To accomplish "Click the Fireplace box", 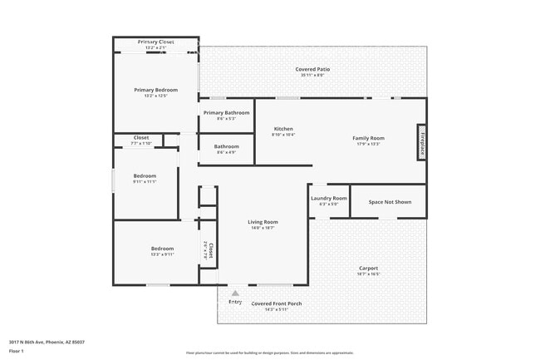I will [421, 141].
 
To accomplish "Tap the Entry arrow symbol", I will [235, 293].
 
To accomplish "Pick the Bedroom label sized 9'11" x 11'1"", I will [145, 178].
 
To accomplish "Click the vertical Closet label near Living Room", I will [208, 251].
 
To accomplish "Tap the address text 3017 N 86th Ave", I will [47, 341].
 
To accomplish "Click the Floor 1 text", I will [16, 351].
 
